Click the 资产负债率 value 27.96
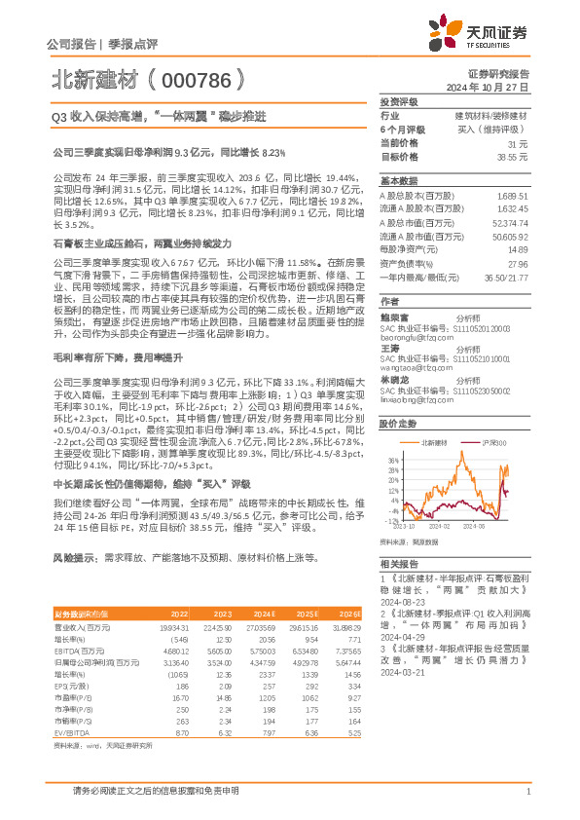(x=517, y=290)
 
